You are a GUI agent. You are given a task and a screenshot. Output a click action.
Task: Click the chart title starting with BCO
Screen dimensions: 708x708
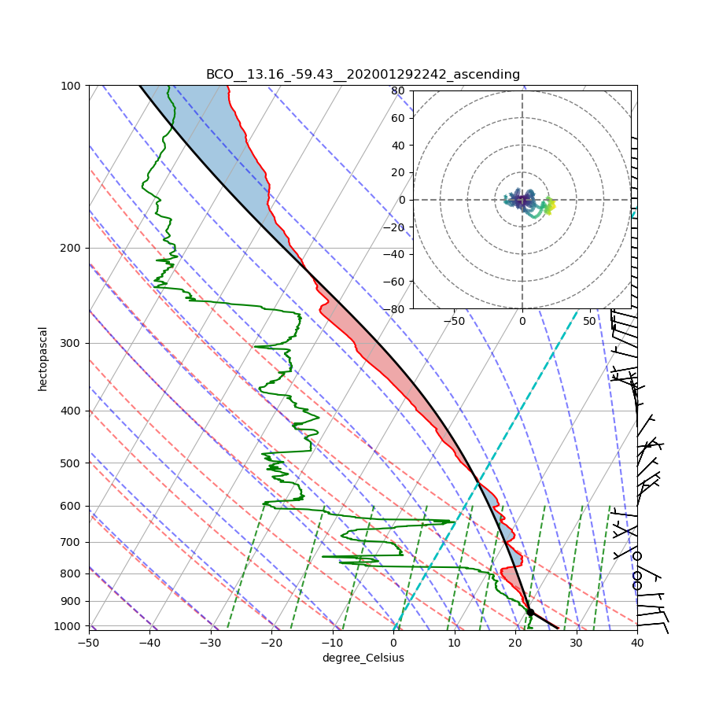point(363,75)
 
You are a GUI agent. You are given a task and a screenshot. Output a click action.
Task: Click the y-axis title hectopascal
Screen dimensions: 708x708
point(42,358)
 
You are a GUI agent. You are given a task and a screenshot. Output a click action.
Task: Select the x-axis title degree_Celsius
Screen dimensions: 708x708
point(363,658)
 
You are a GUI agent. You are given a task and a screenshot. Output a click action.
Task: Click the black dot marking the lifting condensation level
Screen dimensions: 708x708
point(530,612)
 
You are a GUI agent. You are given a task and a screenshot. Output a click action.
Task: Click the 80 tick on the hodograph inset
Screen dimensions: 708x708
point(397,90)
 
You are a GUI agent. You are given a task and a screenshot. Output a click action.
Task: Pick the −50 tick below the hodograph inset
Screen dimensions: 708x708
point(454,321)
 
